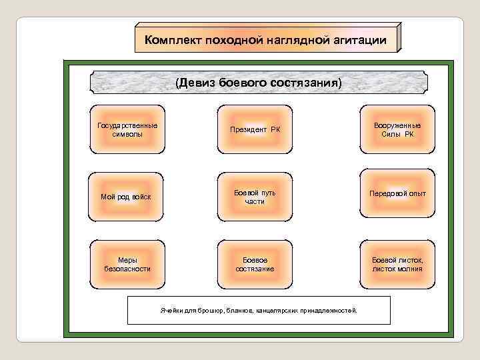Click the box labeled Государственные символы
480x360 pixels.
coord(127,129)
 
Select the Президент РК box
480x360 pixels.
coord(255,129)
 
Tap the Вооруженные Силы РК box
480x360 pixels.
coord(397,129)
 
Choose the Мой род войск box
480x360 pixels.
coord(127,196)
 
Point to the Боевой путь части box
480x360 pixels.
coord(255,197)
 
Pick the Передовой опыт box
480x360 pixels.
coord(397,194)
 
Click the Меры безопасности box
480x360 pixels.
coord(127,264)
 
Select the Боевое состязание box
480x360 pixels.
coord(255,264)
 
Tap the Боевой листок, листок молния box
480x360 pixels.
coord(397,264)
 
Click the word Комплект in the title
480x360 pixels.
coord(173,41)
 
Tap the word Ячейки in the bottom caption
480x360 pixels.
coord(170,311)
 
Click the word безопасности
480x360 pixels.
coord(127,269)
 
